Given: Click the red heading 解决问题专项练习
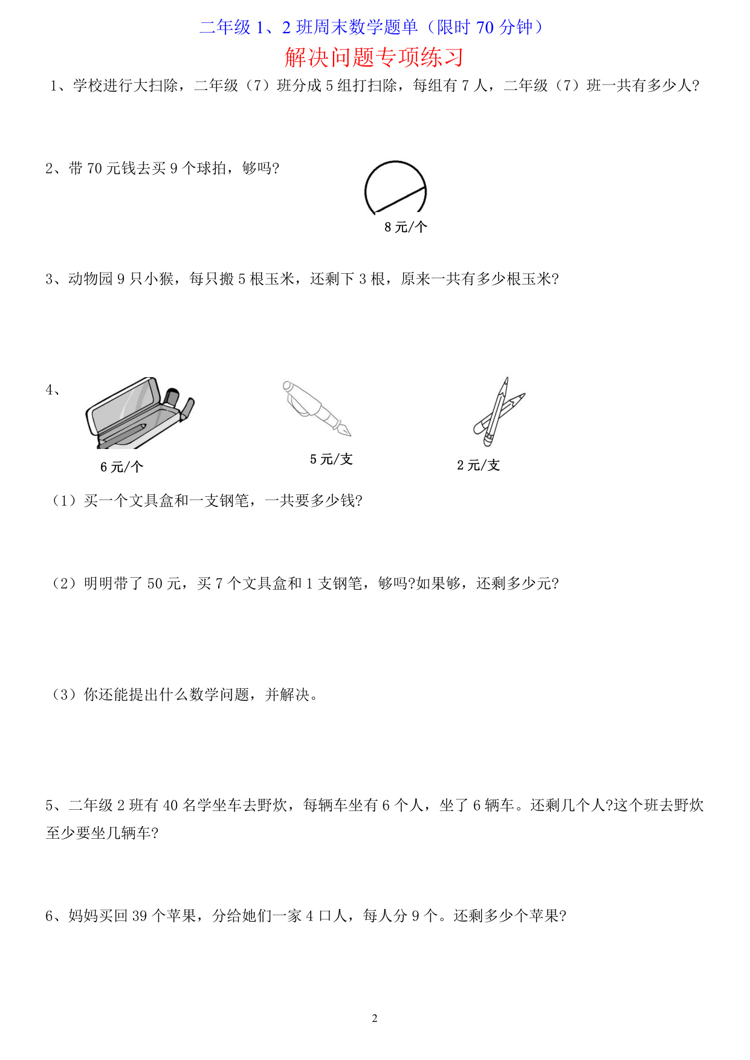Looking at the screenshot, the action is pos(374,57).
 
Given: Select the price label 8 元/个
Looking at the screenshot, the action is pos(406,227).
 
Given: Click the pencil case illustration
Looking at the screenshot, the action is pos(140,413).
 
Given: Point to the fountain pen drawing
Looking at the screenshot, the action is pos(317,407).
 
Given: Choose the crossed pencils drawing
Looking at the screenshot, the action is pos(499,409).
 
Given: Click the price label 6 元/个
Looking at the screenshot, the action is pos(121,467).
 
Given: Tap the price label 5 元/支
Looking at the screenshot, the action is pos(331,459).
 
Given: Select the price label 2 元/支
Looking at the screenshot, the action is pos(479,465).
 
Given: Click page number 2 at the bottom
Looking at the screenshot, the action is pos(375,1018).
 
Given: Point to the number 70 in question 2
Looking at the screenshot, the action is pos(95,169).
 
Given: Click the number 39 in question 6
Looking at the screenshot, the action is pos(140,916).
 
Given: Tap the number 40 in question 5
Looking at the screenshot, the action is pos(171,806).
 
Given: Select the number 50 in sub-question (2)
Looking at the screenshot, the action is pos(155,584).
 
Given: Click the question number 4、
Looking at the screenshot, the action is pos(53,390).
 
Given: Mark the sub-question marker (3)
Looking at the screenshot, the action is pos(63,695).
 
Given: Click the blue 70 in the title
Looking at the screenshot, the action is pos(485,28).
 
